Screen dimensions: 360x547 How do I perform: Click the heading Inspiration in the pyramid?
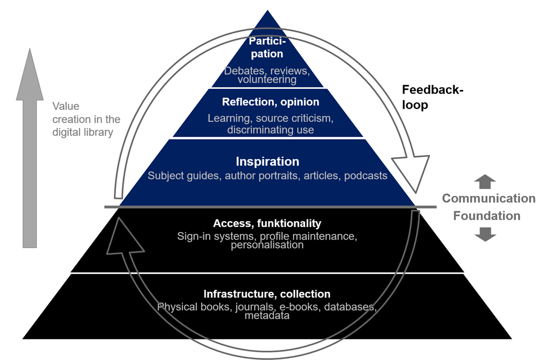[x=268, y=162]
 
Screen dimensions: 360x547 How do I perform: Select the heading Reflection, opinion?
[x=270, y=102]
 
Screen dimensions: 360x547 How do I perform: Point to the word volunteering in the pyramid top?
[x=267, y=80]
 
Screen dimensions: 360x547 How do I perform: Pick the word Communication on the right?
[x=488, y=198]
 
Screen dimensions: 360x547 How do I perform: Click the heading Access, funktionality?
[x=267, y=223]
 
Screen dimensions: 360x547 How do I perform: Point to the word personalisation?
[x=266, y=245]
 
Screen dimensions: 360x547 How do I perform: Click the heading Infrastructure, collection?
[x=267, y=295]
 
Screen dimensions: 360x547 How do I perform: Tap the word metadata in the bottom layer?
[x=267, y=316]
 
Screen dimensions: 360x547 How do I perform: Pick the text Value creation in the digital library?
[x=86, y=119]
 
